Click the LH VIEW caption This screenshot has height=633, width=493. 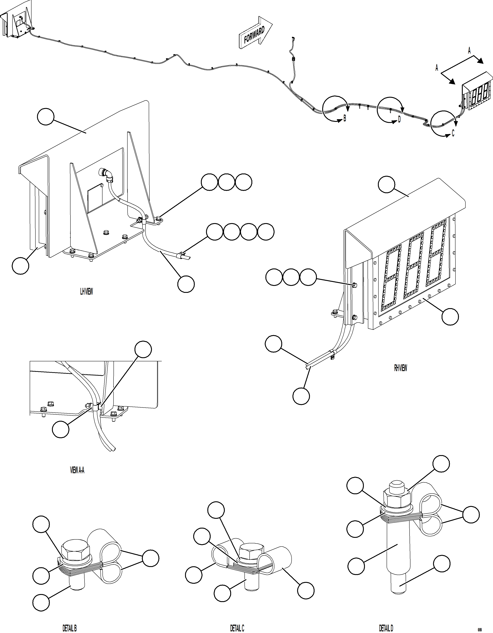(86, 292)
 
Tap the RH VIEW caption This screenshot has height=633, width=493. (400, 368)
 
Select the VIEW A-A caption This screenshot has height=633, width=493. (77, 470)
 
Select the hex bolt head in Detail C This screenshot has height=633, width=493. (252, 550)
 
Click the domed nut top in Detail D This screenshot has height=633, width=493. (397, 486)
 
